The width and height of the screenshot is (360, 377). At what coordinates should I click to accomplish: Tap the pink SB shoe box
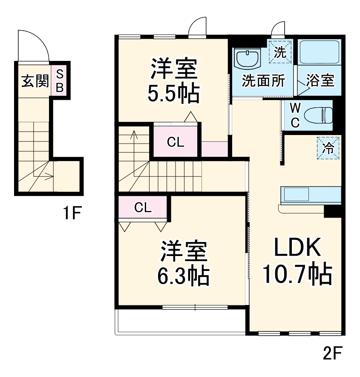(60, 81)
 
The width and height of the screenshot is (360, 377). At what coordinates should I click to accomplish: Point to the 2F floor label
(333, 353)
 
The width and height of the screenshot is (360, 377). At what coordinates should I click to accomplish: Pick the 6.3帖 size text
(184, 276)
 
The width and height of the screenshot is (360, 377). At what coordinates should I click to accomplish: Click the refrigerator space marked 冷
(328, 148)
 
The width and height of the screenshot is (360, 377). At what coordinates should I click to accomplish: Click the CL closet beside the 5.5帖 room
(176, 142)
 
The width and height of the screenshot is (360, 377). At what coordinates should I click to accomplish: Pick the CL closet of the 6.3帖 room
(143, 207)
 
